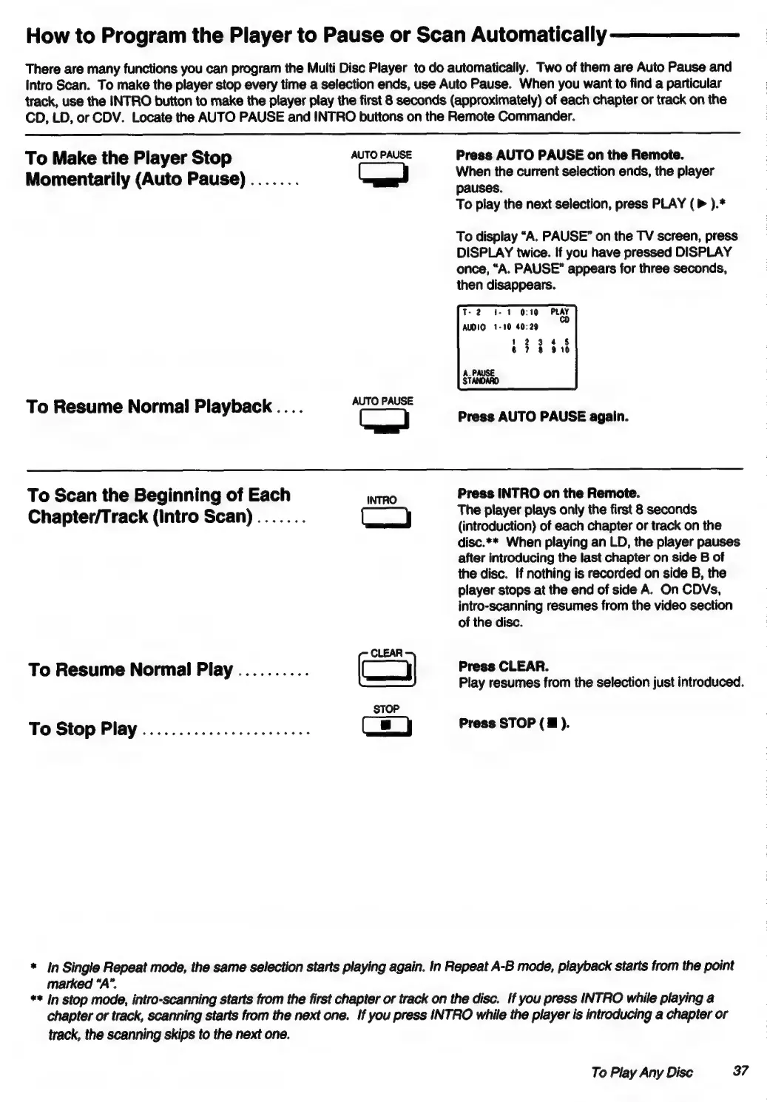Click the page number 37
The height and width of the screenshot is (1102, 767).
[x=740, y=1071]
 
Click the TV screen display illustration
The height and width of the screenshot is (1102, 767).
[x=517, y=347]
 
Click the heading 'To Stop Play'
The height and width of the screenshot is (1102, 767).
[x=83, y=729]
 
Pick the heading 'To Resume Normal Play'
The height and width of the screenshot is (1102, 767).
[x=130, y=670]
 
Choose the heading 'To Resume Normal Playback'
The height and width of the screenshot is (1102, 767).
[x=149, y=407]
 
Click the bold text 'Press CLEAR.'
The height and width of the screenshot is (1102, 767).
[x=504, y=666]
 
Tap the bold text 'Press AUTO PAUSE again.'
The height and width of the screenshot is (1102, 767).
[x=544, y=416]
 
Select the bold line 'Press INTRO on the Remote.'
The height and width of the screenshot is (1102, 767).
[x=549, y=493]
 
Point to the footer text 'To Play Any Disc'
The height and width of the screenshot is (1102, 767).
[x=642, y=1072]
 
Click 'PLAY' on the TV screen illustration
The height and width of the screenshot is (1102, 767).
[x=560, y=312]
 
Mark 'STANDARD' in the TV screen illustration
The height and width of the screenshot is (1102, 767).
[x=481, y=382]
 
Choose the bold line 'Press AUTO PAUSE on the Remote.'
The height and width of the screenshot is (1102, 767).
[x=570, y=155]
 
